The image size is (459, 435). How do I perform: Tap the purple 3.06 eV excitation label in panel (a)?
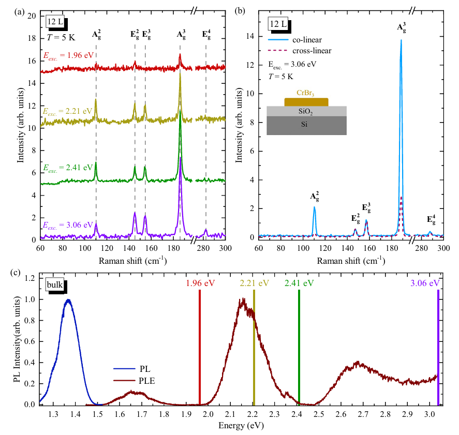[68, 225]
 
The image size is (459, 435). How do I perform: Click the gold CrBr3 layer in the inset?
[306, 101]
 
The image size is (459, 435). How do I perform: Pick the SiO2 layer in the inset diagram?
[306, 111]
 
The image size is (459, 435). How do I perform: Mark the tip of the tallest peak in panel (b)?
[401, 40]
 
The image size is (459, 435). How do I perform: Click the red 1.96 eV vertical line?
[200, 347]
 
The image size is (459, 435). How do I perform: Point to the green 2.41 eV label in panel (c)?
[299, 283]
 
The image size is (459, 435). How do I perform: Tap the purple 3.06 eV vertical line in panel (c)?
[438, 347]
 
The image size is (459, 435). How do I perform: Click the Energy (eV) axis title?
[238, 427]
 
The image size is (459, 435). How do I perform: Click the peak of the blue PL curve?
[68, 300]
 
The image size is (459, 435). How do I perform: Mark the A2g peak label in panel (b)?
[314, 196]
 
